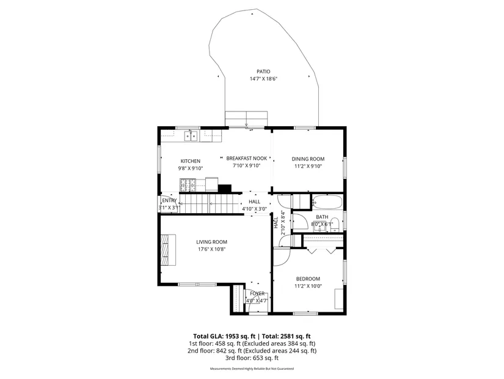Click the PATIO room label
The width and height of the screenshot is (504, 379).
(263, 72)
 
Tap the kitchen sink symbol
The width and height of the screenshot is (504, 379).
(191, 136)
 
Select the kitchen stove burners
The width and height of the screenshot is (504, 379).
(188, 185)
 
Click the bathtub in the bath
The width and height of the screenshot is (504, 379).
(327, 202)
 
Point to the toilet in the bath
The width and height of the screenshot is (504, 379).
(335, 224)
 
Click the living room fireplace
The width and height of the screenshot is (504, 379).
(169, 250)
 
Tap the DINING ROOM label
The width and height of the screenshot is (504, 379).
(308, 159)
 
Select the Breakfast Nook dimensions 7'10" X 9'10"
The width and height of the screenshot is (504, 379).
(247, 166)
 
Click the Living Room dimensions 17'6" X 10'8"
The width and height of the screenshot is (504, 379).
(212, 249)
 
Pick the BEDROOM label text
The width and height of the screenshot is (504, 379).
(308, 279)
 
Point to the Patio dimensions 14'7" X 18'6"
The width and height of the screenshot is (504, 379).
(263, 78)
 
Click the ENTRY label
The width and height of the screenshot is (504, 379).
(169, 200)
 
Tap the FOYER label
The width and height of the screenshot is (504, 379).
(257, 294)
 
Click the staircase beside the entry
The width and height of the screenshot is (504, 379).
(209, 203)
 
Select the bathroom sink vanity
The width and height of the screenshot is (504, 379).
(320, 227)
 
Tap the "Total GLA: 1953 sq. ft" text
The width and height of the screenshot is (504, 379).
(224, 337)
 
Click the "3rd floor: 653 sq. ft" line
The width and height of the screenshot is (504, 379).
(252, 358)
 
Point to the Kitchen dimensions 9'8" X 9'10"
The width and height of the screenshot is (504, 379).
(191, 168)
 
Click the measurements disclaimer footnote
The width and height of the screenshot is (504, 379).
(252, 369)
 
